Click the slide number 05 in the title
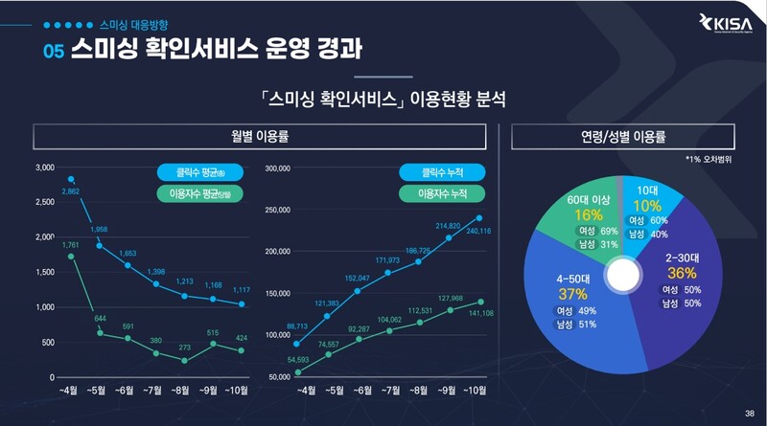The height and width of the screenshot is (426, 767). pos(54,51)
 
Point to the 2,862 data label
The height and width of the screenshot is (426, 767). pos(70,192)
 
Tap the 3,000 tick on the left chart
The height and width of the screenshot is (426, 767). pos(44,168)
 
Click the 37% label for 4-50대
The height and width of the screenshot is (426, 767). pos(571,293)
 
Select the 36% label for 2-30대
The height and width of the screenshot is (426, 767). pos(679,273)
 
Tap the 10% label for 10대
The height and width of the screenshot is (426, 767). pos(647,206)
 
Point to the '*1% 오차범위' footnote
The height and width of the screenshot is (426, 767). pos(708,160)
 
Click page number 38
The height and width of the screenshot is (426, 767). pos(749,413)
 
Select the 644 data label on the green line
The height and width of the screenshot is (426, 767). pos(99,319)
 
